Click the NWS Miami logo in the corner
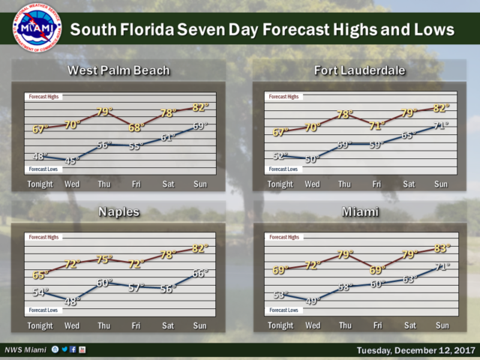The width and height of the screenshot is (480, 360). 35,28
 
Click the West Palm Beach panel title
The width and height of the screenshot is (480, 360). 118,71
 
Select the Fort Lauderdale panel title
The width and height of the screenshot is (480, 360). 360,71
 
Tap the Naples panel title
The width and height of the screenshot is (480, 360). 118,212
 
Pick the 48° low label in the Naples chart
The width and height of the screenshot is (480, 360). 72,301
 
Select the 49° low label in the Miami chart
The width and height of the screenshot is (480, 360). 313,301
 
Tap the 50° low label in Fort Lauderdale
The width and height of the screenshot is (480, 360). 313,159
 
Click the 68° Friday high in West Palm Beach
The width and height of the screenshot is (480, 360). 136,127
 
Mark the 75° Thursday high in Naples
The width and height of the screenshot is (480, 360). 104,259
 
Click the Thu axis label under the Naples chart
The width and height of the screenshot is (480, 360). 104,326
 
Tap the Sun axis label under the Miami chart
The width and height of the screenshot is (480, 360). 441,326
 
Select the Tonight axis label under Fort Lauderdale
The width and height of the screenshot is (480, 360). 280,184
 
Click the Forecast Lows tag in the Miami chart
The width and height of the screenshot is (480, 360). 283,310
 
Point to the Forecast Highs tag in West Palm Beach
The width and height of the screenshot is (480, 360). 43,97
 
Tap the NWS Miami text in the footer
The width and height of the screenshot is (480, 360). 25,350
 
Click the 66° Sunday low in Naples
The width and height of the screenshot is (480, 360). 200,274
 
